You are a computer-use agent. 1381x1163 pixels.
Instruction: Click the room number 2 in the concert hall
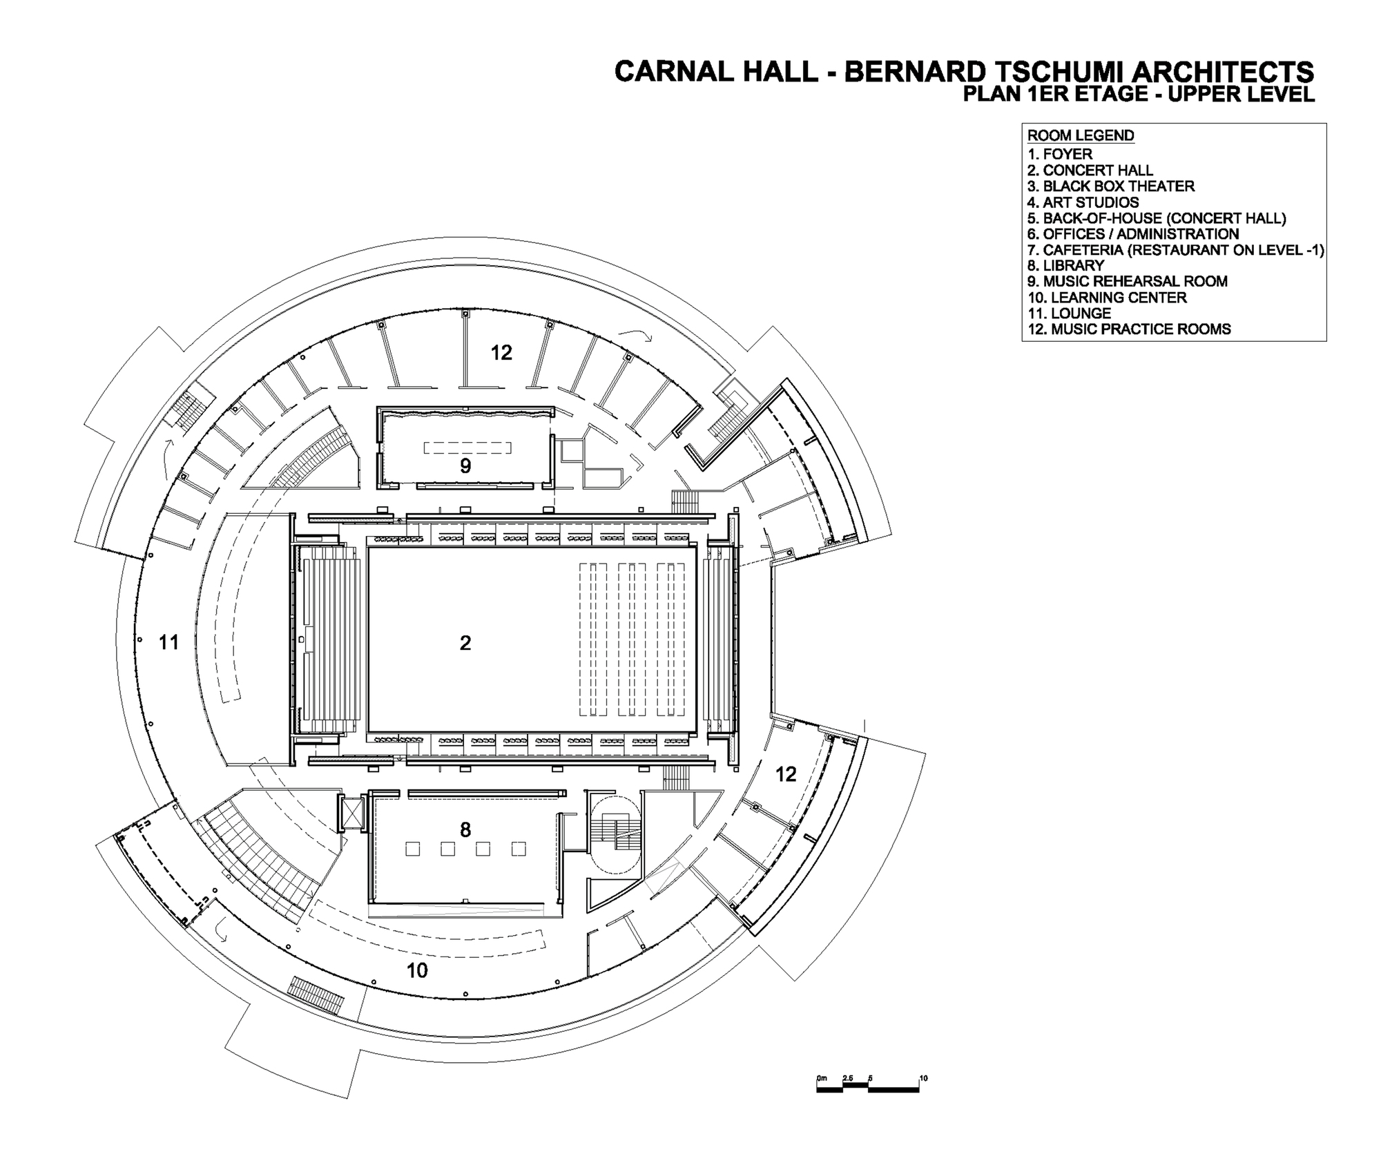pos(465,643)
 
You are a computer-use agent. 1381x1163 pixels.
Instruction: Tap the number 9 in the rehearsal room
pos(465,466)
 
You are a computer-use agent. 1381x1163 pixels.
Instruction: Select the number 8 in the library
pos(465,829)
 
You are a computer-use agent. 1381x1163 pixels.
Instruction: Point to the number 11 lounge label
pos(169,642)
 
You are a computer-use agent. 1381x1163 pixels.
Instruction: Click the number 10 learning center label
pos(417,970)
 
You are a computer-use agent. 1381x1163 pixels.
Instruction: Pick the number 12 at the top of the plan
pos(501,353)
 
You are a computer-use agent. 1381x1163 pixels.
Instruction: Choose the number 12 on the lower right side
pos(786,774)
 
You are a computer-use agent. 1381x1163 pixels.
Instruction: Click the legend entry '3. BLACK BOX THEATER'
pos(1110,186)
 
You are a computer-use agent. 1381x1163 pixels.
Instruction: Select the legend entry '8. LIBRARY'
pos(1065,266)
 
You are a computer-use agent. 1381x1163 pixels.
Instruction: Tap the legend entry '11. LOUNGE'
pos(1069,314)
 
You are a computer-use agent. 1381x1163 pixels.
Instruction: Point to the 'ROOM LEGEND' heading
pos(1081,135)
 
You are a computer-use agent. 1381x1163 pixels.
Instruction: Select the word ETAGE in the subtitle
pos(1102,95)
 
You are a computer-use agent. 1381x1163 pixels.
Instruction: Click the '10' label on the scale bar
pos(923,1078)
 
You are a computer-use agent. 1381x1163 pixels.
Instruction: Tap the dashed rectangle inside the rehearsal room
pos(467,448)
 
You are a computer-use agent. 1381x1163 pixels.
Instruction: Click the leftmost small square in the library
pos(413,849)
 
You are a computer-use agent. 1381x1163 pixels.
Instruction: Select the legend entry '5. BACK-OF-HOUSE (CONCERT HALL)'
pos(1156,218)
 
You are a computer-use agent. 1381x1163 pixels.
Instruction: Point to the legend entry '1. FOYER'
pos(1059,154)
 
